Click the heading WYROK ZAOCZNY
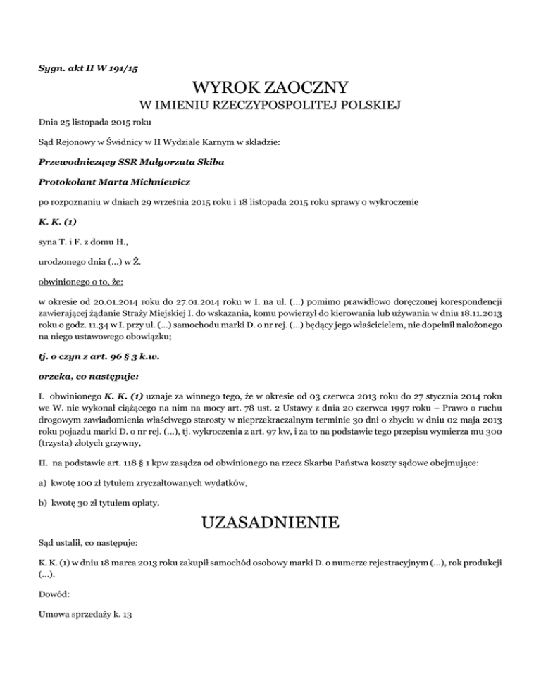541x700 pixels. click(x=270, y=88)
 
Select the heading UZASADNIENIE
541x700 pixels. click(x=270, y=523)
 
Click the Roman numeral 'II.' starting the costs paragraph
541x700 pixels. click(x=44, y=455)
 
